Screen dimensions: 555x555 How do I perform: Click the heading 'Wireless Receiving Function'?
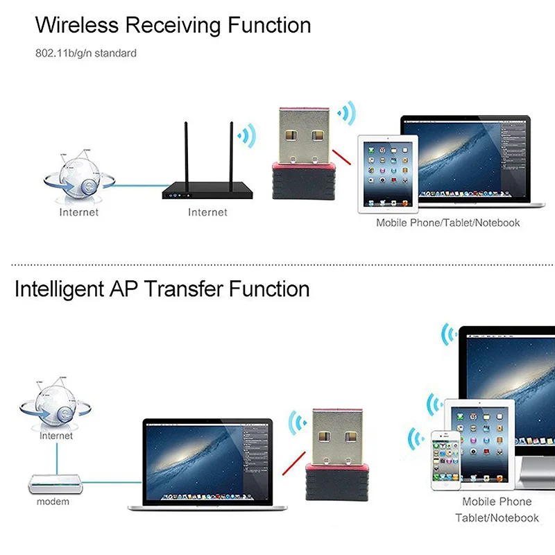point(173,26)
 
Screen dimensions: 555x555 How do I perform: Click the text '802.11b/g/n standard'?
point(86,53)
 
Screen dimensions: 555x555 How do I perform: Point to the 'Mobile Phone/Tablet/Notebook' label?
point(447,223)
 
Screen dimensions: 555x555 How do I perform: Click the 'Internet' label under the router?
point(207,212)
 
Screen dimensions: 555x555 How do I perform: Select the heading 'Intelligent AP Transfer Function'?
point(162,288)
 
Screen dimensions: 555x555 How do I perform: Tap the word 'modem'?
point(53,501)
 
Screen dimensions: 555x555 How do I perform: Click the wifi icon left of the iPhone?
point(416,438)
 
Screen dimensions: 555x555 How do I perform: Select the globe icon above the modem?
point(54,404)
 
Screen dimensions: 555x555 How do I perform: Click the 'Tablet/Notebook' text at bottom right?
point(497,518)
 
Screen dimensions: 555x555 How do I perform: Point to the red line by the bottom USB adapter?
point(292,468)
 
